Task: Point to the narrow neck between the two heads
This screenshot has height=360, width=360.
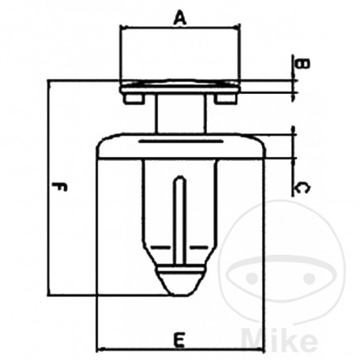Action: click(180, 112)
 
